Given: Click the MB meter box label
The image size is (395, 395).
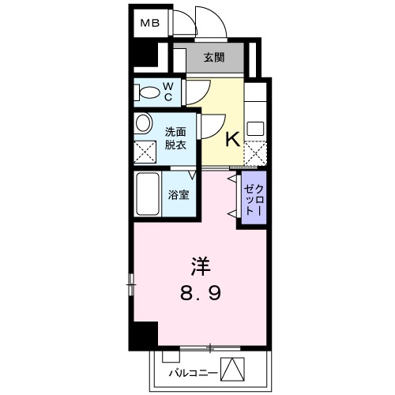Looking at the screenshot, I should [150, 23].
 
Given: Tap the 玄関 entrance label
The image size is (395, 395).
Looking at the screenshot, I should [213, 58].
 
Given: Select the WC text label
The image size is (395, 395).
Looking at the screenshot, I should [167, 92].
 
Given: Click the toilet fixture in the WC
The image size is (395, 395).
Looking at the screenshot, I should [147, 92].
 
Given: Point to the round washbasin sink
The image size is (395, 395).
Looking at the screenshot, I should [144, 123].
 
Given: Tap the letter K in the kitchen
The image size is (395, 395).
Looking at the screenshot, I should [232, 140].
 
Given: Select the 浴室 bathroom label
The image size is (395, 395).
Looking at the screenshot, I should [177, 195].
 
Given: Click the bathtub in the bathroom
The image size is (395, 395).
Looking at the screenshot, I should [148, 195].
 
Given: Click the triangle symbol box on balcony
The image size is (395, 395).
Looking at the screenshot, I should [232, 368].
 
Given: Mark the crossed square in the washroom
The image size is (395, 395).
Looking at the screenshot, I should [145, 151].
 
